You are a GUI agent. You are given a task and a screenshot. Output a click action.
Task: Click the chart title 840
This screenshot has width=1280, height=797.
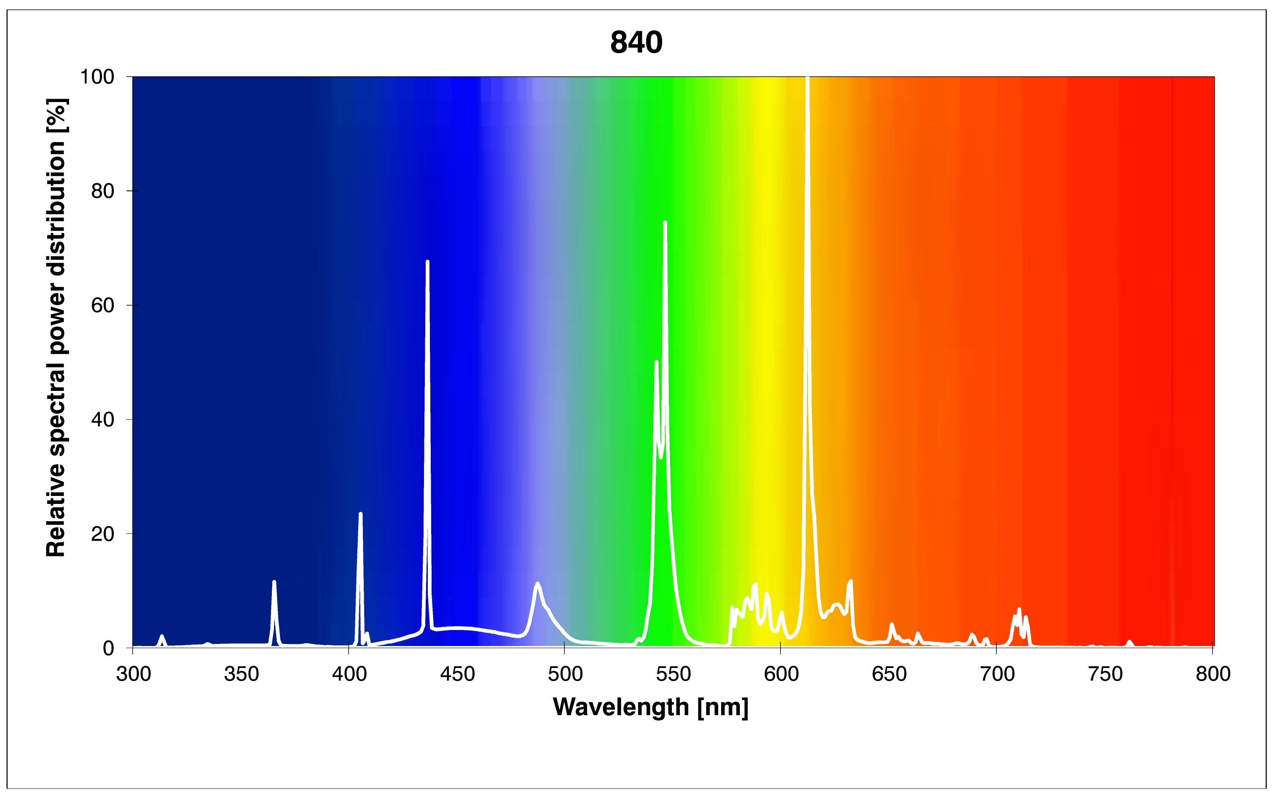click(x=636, y=43)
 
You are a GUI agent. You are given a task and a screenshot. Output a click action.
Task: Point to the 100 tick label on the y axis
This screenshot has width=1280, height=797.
click(x=97, y=77)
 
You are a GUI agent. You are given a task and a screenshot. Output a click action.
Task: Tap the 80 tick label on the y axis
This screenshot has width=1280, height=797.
click(x=103, y=191)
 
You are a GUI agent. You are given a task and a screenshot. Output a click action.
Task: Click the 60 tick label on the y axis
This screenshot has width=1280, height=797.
click(x=103, y=306)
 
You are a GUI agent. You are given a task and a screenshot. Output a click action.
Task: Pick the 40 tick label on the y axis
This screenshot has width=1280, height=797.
click(x=103, y=420)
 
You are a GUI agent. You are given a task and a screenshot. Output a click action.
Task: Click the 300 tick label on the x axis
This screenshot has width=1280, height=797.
click(x=133, y=674)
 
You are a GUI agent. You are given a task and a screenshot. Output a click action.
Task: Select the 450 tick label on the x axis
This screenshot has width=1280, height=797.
click(x=457, y=674)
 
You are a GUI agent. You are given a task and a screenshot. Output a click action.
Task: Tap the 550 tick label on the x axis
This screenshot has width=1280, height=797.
click(x=673, y=674)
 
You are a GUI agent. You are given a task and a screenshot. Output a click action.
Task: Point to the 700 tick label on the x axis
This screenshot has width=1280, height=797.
click(x=997, y=674)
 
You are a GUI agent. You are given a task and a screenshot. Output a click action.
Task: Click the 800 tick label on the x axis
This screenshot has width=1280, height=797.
click(x=1213, y=674)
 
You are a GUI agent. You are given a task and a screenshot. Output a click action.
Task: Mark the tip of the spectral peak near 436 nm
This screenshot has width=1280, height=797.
click(x=427, y=261)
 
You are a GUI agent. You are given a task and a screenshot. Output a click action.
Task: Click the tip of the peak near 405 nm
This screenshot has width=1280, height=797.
click(x=360, y=514)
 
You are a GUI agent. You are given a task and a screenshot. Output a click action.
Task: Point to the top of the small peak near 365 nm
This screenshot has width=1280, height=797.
click(x=274, y=582)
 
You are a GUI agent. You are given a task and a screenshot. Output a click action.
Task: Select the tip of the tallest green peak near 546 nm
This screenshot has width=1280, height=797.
click(x=665, y=223)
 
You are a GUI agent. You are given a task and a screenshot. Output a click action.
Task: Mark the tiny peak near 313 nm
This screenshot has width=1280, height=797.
click(x=162, y=636)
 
